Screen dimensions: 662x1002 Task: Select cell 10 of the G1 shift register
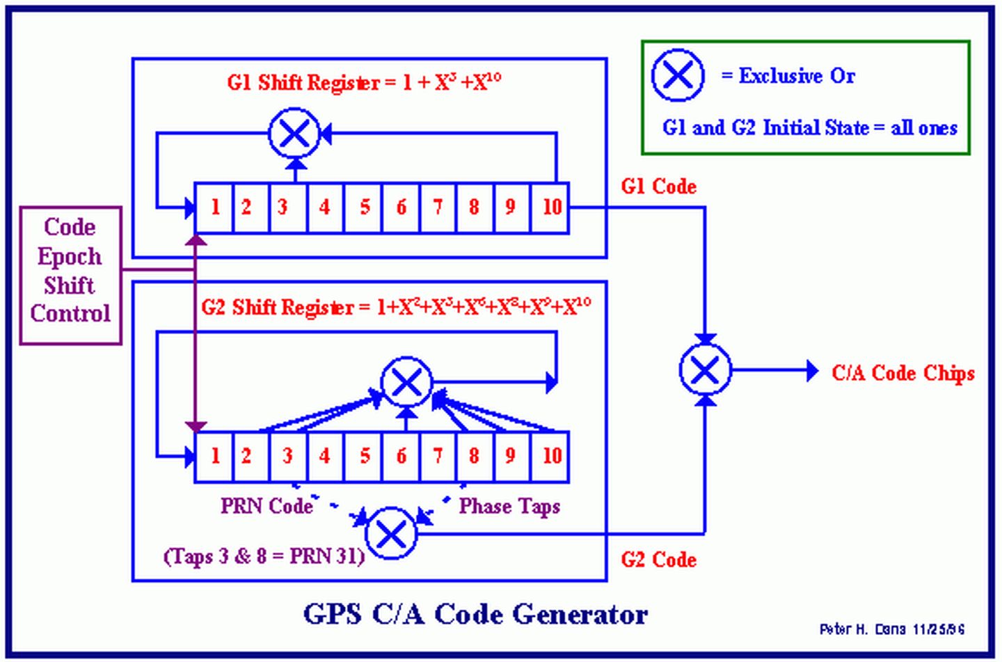coord(550,207)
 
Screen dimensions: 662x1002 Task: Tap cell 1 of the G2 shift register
coord(214,457)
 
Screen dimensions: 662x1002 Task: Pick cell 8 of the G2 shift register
coord(475,457)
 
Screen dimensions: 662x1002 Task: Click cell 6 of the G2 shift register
coord(401,457)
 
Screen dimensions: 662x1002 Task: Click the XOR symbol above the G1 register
coord(294,134)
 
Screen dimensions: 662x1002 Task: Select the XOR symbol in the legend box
coord(677,75)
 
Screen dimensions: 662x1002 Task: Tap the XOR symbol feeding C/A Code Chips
coord(705,370)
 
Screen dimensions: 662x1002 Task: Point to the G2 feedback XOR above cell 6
coord(407,381)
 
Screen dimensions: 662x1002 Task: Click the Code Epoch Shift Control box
coord(70,275)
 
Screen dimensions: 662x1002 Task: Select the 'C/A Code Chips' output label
coord(902,373)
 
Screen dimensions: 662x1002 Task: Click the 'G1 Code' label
coord(658,187)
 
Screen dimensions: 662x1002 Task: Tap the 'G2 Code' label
coord(658,560)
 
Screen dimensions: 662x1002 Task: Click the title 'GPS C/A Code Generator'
coord(475,614)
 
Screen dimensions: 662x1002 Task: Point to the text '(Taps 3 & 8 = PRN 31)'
coord(264,556)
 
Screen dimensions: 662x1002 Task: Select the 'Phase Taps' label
coord(509,506)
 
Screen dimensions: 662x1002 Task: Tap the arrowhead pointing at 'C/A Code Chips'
coord(811,371)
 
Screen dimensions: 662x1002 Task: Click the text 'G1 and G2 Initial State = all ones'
coord(809,128)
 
